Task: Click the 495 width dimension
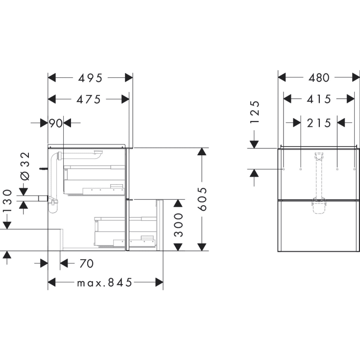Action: (x=90, y=78)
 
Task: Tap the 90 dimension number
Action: (x=56, y=123)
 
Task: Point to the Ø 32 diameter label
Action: (x=25, y=167)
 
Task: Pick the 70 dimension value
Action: (x=86, y=264)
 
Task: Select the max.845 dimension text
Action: (x=105, y=283)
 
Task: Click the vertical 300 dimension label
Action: (x=179, y=225)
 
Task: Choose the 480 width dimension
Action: (x=319, y=77)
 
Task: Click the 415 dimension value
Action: (x=319, y=99)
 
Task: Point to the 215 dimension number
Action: (x=319, y=122)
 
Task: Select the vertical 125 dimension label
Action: (x=255, y=114)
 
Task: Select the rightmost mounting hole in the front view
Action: (x=354, y=169)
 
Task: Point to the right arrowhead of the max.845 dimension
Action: (x=159, y=283)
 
